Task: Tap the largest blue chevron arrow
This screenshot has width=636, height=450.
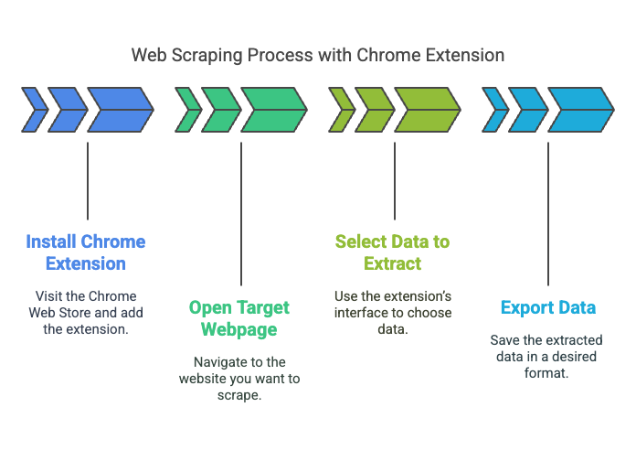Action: pos(121,110)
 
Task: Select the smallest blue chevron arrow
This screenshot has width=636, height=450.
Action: pos(35,110)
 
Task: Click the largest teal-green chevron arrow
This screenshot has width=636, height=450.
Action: pos(274,110)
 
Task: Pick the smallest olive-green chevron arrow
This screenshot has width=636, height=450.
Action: pos(342,110)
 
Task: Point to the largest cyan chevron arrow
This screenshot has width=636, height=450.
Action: pos(581,110)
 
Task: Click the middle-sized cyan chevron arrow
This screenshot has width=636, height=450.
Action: pos(528,110)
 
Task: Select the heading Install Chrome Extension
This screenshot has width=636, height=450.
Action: pos(86,252)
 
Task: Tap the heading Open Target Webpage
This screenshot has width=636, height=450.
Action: pos(239,318)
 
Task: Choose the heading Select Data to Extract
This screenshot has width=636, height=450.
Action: pos(393,252)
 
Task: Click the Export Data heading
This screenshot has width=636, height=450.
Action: pos(548,307)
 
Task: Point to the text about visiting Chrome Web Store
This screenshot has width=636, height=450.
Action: pos(86,312)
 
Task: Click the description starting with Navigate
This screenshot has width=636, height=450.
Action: pos(239,378)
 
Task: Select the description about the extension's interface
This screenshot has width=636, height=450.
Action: pos(393,312)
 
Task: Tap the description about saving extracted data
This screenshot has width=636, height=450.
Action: pos(546,356)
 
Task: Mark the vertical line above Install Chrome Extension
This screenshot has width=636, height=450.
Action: pos(88,181)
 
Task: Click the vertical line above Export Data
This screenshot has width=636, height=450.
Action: pos(548,214)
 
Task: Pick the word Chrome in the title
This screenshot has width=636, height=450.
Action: pos(388,55)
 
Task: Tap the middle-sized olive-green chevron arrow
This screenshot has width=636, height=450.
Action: pos(375,110)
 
